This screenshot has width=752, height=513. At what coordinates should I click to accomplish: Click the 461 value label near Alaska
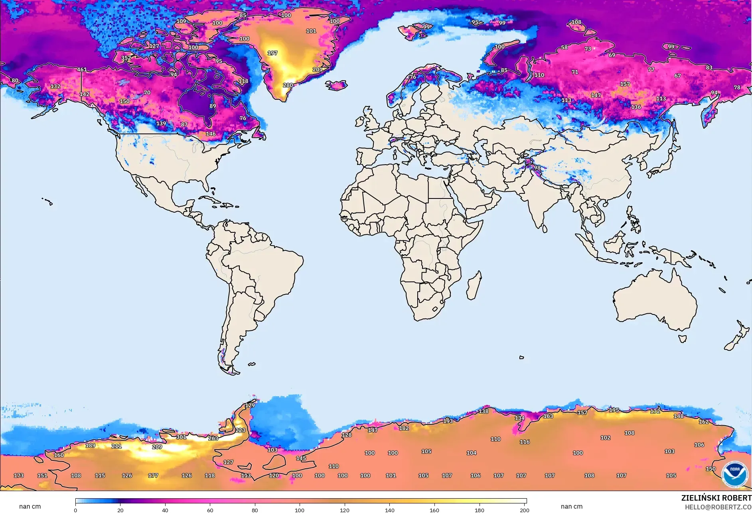pyautogui.click(x=82, y=69)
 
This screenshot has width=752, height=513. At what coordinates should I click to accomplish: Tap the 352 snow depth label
pyautogui.click(x=126, y=58)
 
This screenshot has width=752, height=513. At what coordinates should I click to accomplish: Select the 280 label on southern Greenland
pyautogui.click(x=288, y=85)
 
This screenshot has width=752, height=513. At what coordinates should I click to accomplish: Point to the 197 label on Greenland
pyautogui.click(x=272, y=53)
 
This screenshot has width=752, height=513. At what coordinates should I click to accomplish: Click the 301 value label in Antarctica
pyautogui.click(x=181, y=437)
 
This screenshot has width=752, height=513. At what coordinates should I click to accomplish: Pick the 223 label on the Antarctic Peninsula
pyautogui.click(x=240, y=430)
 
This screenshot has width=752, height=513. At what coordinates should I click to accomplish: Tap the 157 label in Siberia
pyautogui.click(x=625, y=84)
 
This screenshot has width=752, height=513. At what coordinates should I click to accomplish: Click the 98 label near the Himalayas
pyautogui.click(x=537, y=167)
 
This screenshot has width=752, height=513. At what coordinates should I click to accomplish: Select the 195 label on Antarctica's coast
pyautogui.click(x=614, y=410)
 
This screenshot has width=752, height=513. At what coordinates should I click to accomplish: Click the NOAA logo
pyautogui.click(x=734, y=474)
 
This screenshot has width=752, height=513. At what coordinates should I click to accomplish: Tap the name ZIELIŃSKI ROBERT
pyautogui.click(x=716, y=498)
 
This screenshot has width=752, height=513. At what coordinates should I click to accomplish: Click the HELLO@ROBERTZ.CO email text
pyautogui.click(x=718, y=507)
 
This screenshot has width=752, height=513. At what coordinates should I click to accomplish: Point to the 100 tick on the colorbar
pyautogui.click(x=300, y=510)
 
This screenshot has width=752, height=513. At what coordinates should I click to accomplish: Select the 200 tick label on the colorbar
pyautogui.click(x=524, y=510)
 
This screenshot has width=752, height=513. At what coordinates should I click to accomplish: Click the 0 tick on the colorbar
pyautogui.click(x=75, y=510)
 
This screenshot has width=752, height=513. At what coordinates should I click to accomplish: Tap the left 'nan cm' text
pyautogui.click(x=30, y=506)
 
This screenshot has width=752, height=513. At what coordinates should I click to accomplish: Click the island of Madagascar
pyautogui.click(x=474, y=285)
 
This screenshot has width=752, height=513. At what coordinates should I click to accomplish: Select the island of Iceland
pyautogui.click(x=336, y=85)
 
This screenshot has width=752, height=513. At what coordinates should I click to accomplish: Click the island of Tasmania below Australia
pyautogui.click(x=683, y=339)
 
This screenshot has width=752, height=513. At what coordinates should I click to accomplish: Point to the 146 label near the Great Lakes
pyautogui.click(x=211, y=134)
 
